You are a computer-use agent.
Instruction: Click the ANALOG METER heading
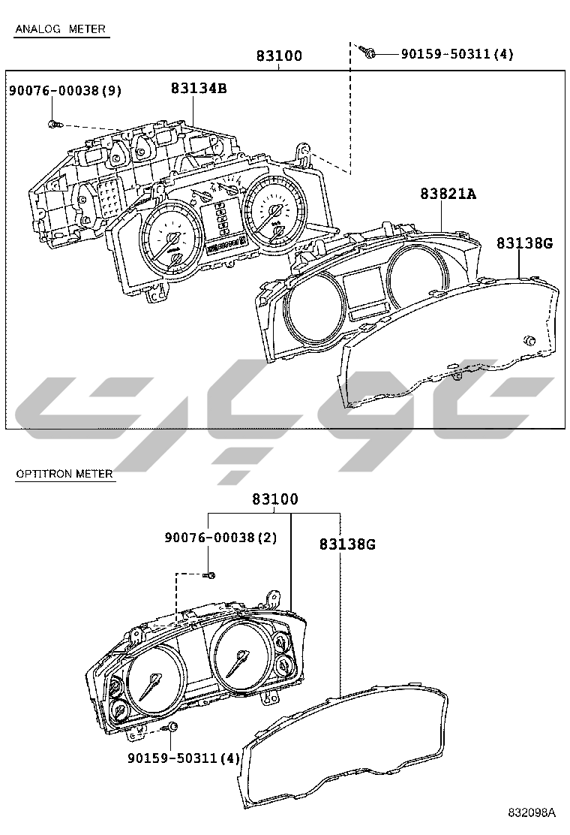61,29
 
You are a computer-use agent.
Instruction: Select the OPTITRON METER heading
64,473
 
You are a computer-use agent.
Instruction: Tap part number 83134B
199,88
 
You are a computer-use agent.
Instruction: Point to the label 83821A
448,194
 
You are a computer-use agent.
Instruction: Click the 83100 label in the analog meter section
279,56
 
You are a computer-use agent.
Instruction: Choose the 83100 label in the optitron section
275,499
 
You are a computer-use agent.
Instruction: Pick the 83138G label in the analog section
525,243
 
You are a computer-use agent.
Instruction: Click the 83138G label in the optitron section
347,544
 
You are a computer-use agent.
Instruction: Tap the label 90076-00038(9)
64,91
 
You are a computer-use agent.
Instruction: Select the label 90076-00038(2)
220,538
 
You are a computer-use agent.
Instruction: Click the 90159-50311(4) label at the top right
457,54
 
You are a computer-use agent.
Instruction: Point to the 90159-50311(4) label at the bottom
184,757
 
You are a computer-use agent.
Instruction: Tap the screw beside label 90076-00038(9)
55,124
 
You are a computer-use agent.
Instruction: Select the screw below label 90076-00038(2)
209,575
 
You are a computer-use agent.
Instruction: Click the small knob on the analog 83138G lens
529,341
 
